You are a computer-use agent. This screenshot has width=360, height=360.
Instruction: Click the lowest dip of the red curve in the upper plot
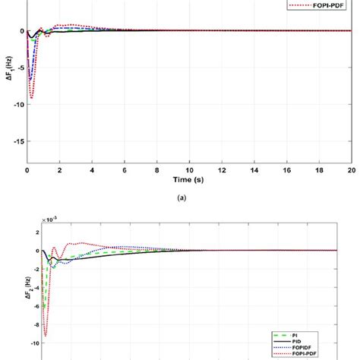pos(31,98)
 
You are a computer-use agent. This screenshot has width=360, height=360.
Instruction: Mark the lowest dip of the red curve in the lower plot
pos(46,335)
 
